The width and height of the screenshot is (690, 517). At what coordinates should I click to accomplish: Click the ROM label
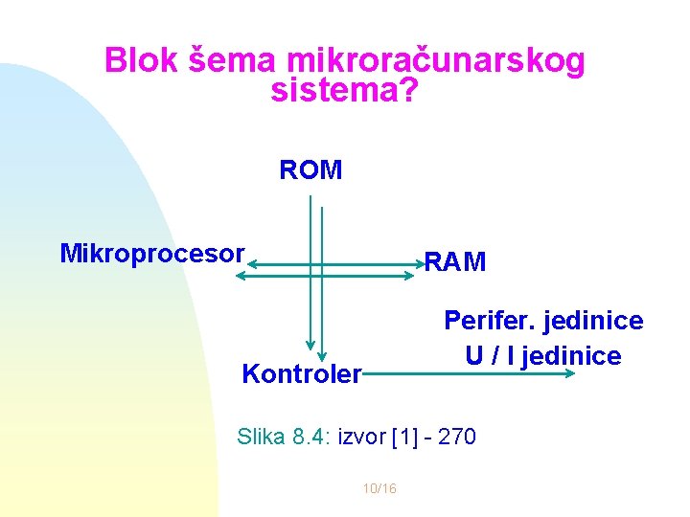click(310, 170)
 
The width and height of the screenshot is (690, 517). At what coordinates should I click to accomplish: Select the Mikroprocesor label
click(152, 254)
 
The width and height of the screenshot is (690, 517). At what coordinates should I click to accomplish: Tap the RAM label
click(455, 261)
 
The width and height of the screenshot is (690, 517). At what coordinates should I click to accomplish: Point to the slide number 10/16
click(379, 489)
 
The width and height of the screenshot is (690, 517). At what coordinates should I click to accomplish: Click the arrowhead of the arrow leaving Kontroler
click(572, 372)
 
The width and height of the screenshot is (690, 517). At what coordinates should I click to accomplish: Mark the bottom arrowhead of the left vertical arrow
click(310, 347)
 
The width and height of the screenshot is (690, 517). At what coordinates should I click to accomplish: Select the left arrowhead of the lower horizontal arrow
click(240, 276)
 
